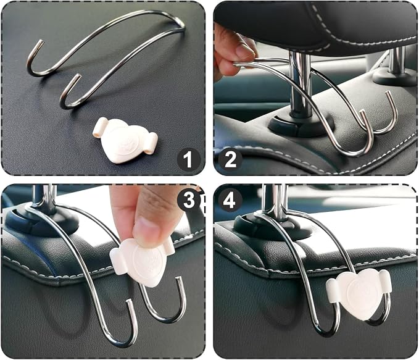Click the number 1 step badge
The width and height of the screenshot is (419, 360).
pos(188,160)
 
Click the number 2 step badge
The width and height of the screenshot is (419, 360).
pos(230,160)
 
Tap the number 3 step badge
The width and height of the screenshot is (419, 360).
pos(189,200)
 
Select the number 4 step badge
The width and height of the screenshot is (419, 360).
pos(230,200)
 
